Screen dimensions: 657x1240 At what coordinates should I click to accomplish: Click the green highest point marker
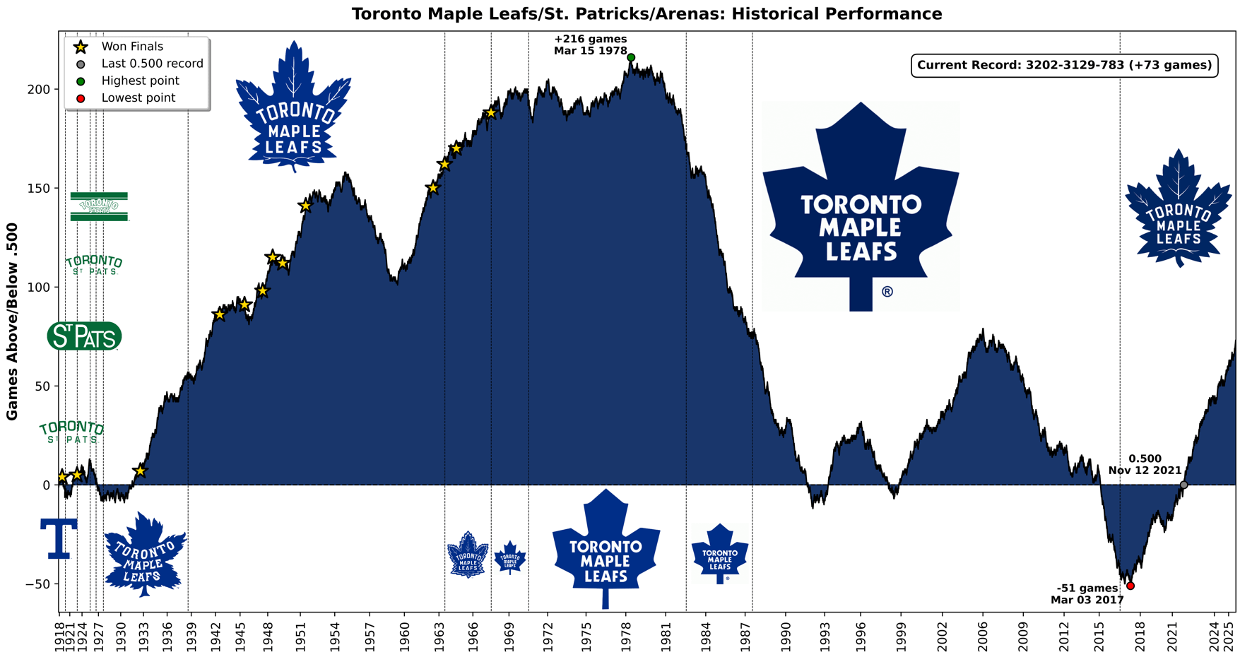(631, 58)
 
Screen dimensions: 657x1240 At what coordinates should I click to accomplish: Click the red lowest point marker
(1130, 586)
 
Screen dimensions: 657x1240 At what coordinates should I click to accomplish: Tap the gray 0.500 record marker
(1184, 485)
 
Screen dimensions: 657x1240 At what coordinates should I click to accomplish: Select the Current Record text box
(1065, 66)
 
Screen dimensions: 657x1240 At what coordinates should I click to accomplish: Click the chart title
(646, 13)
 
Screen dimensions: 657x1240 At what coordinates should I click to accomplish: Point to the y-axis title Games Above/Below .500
(12, 321)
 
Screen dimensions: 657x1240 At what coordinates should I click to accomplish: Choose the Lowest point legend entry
(138, 98)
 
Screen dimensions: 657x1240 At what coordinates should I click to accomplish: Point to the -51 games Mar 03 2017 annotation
(1087, 594)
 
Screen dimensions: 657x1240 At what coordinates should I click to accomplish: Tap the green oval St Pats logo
(84, 336)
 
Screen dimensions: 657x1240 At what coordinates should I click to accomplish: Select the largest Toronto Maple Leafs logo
(861, 206)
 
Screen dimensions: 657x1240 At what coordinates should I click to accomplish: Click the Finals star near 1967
(491, 113)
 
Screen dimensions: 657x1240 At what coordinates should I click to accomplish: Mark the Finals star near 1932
(140, 470)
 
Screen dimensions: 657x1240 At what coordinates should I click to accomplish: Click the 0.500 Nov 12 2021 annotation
(1145, 465)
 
